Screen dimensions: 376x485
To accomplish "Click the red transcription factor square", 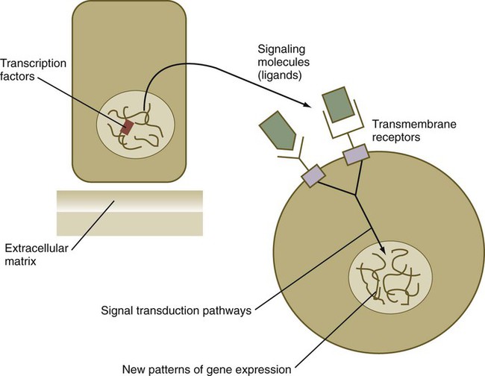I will [128, 128].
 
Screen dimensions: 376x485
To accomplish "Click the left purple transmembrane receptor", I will [313, 176].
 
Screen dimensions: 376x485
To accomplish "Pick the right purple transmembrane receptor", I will [355, 154].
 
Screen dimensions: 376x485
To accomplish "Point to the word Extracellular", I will [35, 247].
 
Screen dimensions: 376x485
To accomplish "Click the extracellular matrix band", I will [128, 212].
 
